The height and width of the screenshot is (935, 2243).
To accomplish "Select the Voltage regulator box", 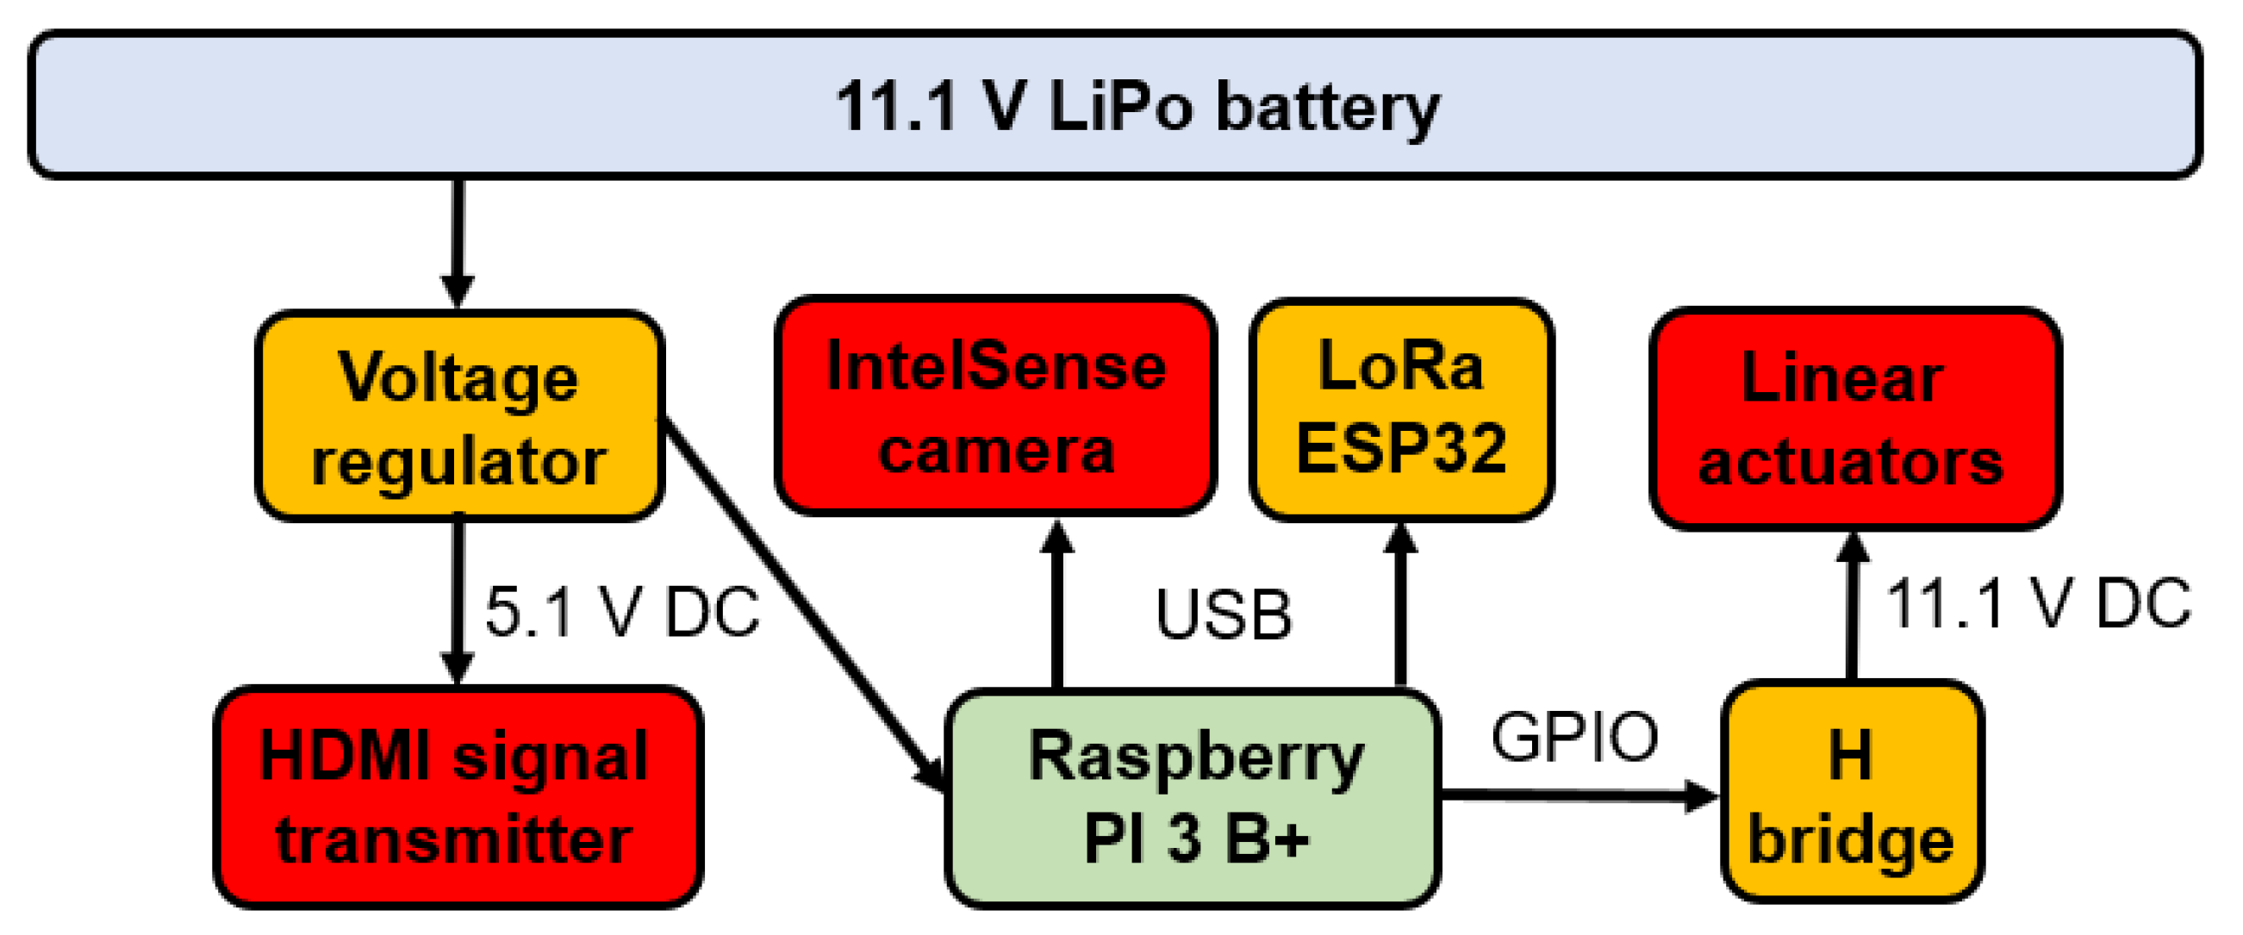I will coord(460,416).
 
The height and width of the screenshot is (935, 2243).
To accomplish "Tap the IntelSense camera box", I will coord(995,406).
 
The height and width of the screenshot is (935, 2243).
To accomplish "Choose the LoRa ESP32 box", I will coord(1401,409).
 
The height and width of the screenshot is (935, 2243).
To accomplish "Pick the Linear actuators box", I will coord(1854,418).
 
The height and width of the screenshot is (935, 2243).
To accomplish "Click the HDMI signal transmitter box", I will coord(458,796).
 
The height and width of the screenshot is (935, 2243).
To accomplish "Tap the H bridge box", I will coord(1852,792).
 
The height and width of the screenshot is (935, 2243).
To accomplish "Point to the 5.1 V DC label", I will coord(621,611).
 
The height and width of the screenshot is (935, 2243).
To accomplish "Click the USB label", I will coord(1224,614).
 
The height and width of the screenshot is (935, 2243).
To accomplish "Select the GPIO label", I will coord(1574,737).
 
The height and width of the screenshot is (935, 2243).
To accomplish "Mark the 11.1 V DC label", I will coord(2038,602).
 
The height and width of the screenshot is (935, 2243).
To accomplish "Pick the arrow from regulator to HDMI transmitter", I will coord(458,601).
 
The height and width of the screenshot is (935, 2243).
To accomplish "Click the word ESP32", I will coord(1401,447).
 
